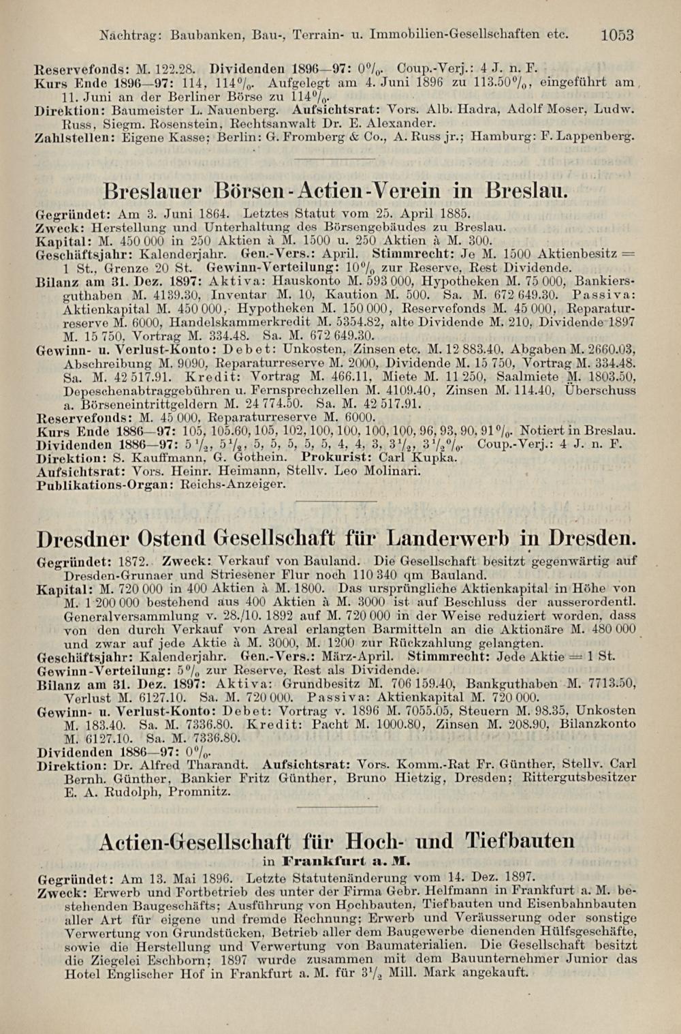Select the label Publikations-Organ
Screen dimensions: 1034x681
point(105,485)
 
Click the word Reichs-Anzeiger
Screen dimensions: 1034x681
point(234,485)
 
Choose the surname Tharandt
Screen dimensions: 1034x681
point(218,765)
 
